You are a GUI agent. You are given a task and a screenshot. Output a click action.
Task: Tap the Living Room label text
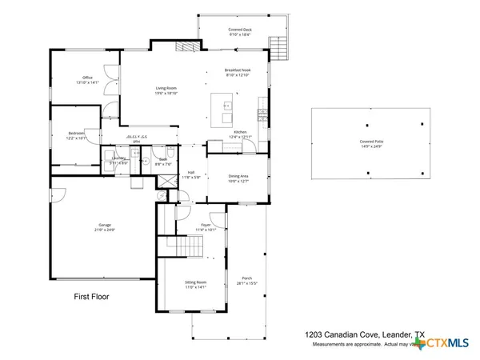[x=166, y=90]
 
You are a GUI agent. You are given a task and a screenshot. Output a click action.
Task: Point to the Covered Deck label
[x=239, y=32]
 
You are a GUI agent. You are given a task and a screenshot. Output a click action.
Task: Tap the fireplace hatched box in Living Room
[x=186, y=47]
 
